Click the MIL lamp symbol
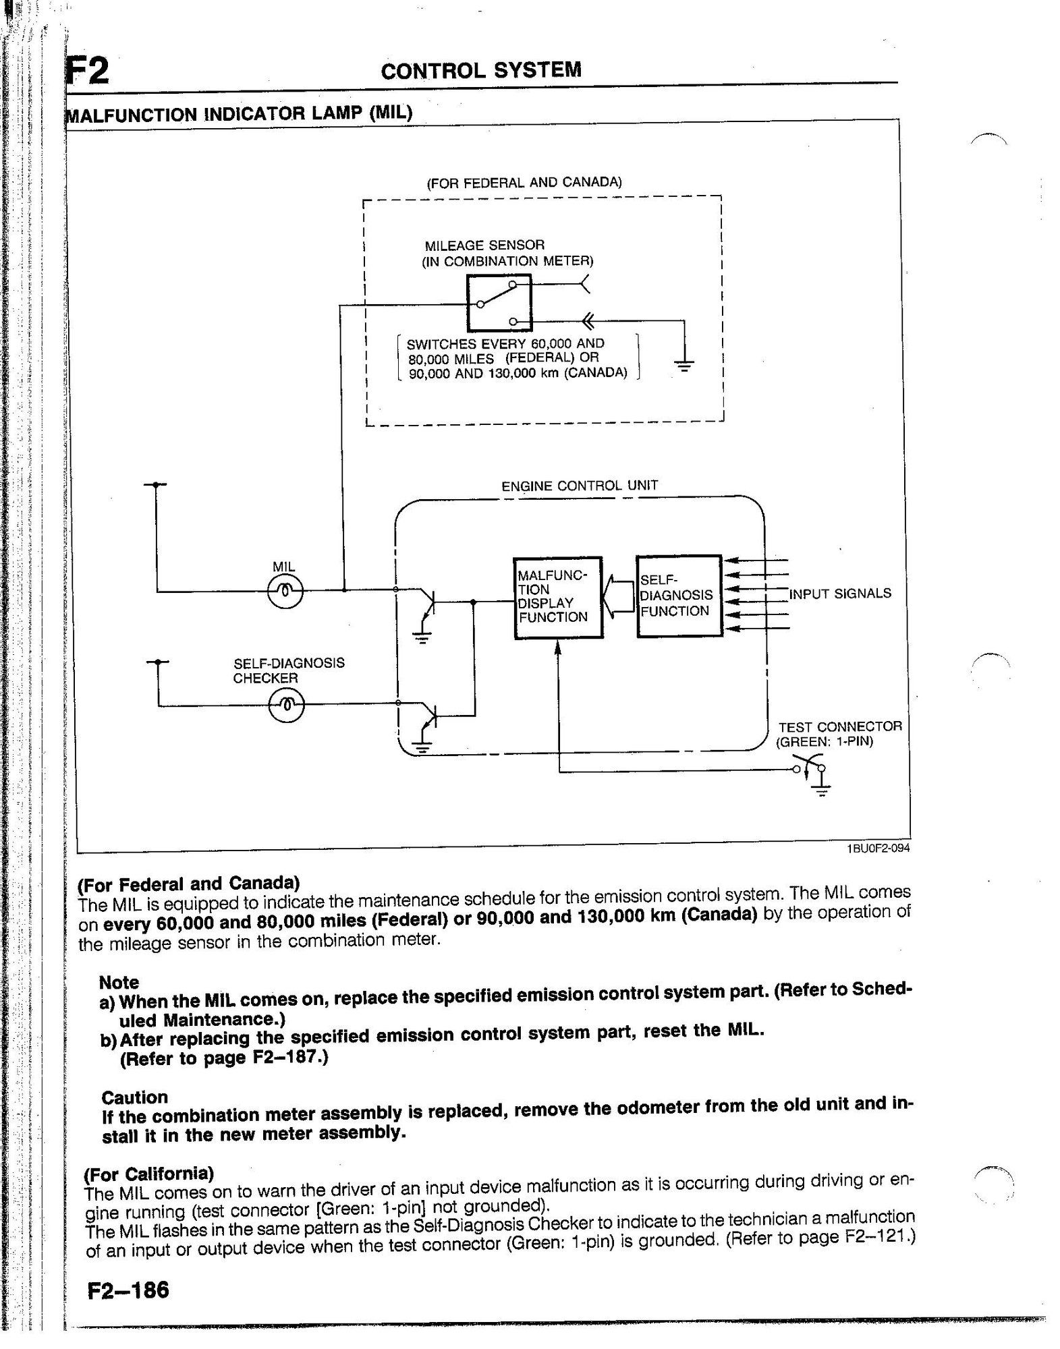(x=285, y=592)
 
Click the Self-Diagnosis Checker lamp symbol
(x=286, y=705)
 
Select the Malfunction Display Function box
(x=557, y=598)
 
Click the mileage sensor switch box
(x=499, y=301)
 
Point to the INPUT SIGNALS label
(x=840, y=594)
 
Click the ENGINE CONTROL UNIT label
(x=579, y=486)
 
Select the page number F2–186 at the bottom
(x=128, y=1290)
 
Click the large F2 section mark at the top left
(x=88, y=71)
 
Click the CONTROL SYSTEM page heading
(x=480, y=70)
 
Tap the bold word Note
(x=119, y=982)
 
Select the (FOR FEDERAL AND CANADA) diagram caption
(x=524, y=182)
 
